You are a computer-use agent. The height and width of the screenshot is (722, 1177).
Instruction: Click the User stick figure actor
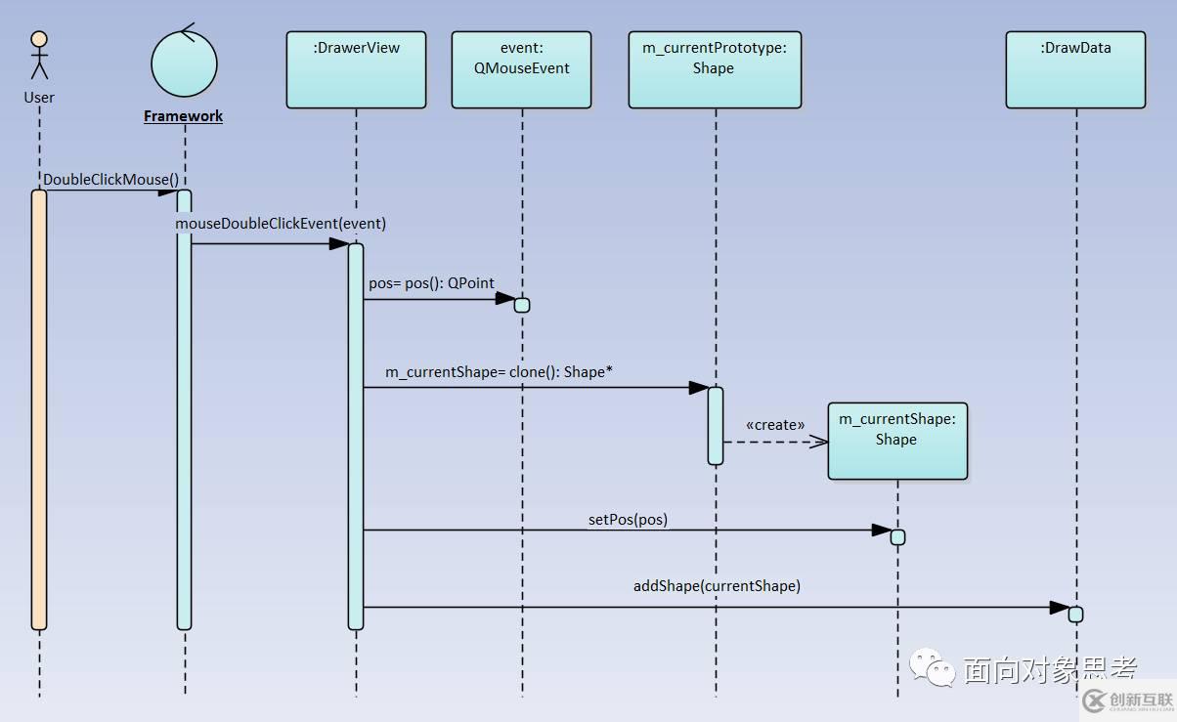pyautogui.click(x=39, y=56)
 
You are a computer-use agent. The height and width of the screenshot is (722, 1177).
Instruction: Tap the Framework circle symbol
pyautogui.click(x=184, y=63)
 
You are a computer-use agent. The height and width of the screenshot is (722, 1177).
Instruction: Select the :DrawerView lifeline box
pyautogui.click(x=356, y=69)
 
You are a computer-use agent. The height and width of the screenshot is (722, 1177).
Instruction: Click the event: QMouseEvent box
pyautogui.click(x=521, y=69)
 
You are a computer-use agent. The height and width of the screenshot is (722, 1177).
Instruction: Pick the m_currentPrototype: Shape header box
pyautogui.click(x=715, y=69)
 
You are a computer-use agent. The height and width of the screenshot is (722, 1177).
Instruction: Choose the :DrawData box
pyautogui.click(x=1075, y=69)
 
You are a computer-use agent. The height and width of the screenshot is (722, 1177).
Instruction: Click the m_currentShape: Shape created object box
pyautogui.click(x=897, y=441)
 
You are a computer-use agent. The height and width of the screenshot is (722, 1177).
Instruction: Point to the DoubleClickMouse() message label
pyautogui.click(x=111, y=180)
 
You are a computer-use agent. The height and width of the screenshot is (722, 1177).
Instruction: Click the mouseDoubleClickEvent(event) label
pyautogui.click(x=281, y=224)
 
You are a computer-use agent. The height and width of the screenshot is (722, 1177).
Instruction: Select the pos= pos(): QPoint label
pyautogui.click(x=431, y=283)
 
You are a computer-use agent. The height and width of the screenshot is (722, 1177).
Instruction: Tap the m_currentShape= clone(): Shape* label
pyautogui.click(x=499, y=372)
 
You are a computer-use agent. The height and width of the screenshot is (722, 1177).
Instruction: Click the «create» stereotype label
pyautogui.click(x=775, y=425)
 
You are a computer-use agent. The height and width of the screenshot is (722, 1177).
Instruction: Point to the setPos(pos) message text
pyautogui.click(x=628, y=520)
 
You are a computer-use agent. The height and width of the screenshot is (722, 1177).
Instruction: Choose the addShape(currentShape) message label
pyautogui.click(x=717, y=586)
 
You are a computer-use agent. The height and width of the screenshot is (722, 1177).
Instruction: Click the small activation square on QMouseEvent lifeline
pyautogui.click(x=522, y=305)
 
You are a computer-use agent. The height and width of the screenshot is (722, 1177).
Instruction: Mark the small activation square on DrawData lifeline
pyautogui.click(x=1075, y=614)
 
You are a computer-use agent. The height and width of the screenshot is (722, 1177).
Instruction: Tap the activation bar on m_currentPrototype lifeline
pyautogui.click(x=716, y=425)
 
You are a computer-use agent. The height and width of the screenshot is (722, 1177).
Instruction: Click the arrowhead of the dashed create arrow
pyautogui.click(x=819, y=442)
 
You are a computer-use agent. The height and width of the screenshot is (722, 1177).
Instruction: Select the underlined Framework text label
pyautogui.click(x=183, y=116)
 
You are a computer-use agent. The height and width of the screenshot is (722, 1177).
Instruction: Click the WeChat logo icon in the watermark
pyautogui.click(x=933, y=667)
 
